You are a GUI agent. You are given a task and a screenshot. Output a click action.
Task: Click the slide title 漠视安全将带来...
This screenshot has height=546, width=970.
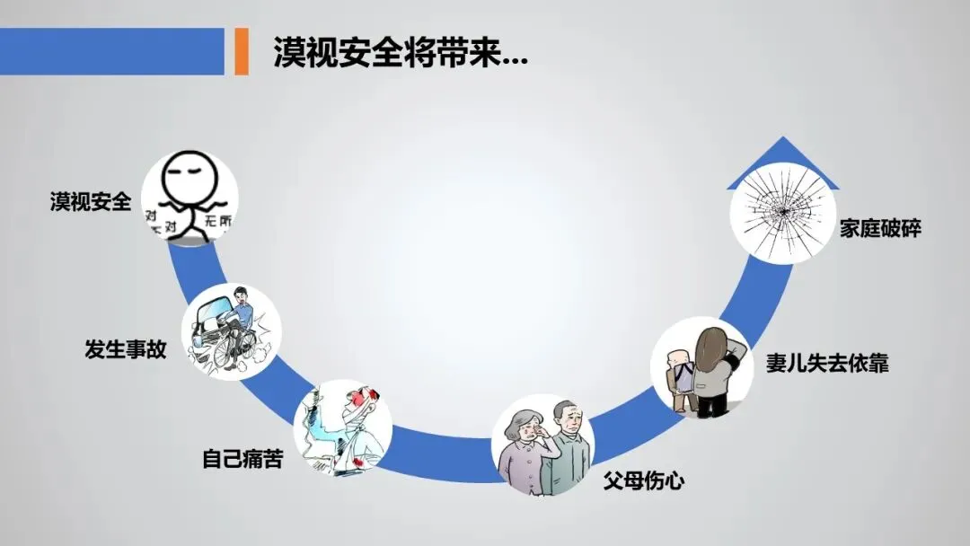click(400, 52)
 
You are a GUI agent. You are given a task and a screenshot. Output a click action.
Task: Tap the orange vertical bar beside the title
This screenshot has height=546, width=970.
click(241, 51)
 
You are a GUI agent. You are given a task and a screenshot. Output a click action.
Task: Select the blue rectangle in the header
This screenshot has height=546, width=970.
click(111, 51)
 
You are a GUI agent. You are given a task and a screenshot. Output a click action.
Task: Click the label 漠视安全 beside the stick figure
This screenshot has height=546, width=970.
click(90, 202)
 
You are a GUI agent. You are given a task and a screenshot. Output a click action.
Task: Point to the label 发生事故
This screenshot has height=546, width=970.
click(126, 349)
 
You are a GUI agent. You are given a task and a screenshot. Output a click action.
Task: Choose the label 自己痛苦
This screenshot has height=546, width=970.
click(242, 461)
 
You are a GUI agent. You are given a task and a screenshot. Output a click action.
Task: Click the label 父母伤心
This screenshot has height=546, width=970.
click(643, 480)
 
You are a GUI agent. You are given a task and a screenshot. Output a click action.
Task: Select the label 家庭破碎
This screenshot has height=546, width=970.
click(880, 228)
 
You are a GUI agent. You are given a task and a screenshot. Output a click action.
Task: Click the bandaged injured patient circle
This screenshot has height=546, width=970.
click(342, 428)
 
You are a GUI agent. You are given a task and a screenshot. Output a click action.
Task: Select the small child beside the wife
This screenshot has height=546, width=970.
click(681, 378)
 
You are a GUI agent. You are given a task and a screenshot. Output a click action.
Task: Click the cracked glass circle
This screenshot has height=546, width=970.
click(779, 214)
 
